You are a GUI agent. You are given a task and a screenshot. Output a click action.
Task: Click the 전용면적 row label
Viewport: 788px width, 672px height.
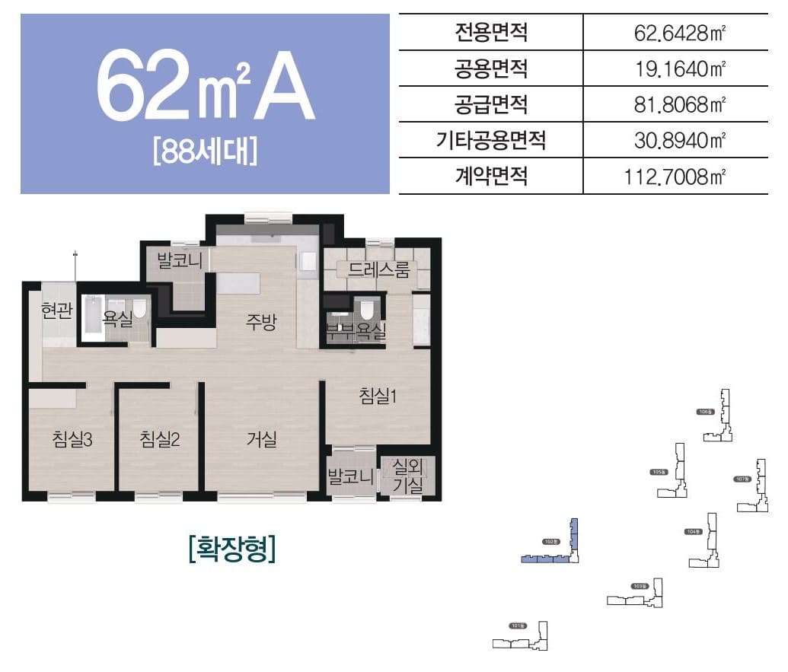coord(490,33)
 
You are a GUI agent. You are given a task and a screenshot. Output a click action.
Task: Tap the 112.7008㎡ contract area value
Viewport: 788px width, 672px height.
coord(674,177)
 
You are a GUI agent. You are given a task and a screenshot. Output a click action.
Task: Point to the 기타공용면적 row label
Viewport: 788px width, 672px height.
coord(490,141)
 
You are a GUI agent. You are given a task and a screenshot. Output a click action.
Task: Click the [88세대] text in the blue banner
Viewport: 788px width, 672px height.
coord(204,150)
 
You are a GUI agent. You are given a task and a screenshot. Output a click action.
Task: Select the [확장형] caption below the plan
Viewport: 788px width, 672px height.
coord(231,548)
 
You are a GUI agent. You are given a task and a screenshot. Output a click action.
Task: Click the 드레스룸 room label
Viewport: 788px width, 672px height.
coord(378,269)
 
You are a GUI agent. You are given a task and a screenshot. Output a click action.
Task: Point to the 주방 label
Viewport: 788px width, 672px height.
coord(260,322)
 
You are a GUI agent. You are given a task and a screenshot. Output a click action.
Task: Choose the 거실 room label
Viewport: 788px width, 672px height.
coord(261,439)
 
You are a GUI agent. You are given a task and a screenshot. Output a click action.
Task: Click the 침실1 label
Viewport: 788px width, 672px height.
coord(378,396)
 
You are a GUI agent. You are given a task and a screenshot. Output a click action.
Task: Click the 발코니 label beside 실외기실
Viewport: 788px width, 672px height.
coord(350,477)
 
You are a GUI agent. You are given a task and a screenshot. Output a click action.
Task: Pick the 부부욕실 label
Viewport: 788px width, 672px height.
coord(356,332)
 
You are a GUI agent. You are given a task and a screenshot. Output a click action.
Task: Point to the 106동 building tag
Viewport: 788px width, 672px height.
coord(705,412)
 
